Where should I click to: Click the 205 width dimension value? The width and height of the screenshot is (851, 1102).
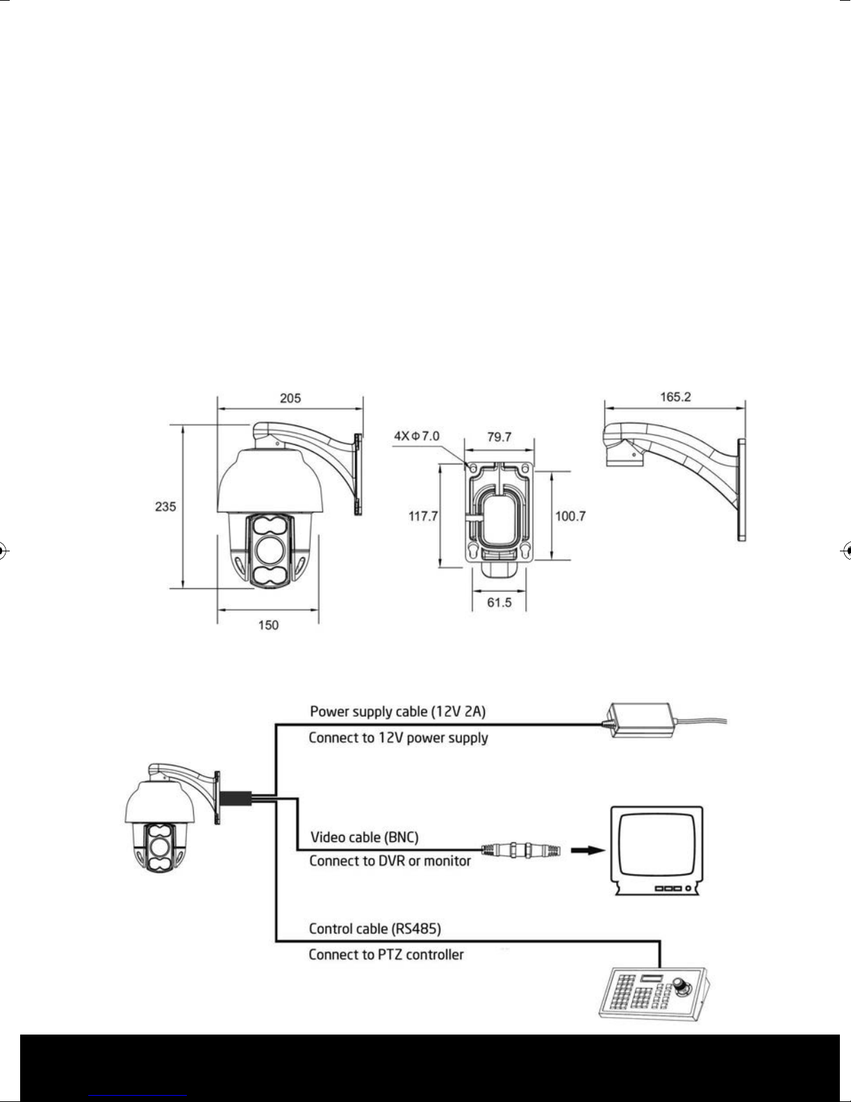[x=290, y=398]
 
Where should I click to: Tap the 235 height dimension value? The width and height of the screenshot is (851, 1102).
[x=165, y=506]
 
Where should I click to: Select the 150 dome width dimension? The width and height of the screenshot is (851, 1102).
[x=268, y=625]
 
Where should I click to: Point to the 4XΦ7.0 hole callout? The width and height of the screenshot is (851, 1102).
[x=417, y=436]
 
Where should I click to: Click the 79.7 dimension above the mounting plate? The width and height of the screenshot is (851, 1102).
[x=499, y=437]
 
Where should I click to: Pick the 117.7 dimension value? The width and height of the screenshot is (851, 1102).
[x=423, y=517]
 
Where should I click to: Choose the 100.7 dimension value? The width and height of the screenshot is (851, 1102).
[x=570, y=517]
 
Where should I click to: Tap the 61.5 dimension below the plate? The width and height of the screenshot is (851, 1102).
[x=499, y=603]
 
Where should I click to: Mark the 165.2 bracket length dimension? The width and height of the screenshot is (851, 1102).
[x=675, y=396]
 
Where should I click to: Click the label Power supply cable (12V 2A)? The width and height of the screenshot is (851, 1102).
[x=397, y=712]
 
